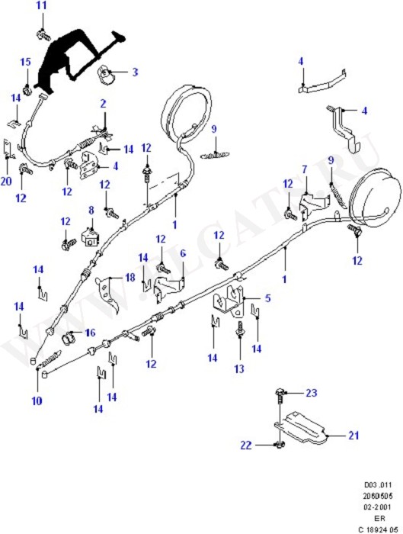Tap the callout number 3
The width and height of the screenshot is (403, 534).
point(134,72)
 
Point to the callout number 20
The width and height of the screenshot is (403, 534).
point(6,181)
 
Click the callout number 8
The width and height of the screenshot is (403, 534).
point(91,210)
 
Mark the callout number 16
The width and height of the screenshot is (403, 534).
point(90,333)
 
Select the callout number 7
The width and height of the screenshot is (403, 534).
point(304,169)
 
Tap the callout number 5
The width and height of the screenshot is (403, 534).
point(267,298)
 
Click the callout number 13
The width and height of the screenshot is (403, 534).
point(239,368)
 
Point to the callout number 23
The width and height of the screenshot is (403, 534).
point(311,393)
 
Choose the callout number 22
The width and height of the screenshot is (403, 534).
point(247,445)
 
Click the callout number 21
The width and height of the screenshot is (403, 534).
point(353,436)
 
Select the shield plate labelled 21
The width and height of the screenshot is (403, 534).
point(301,427)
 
